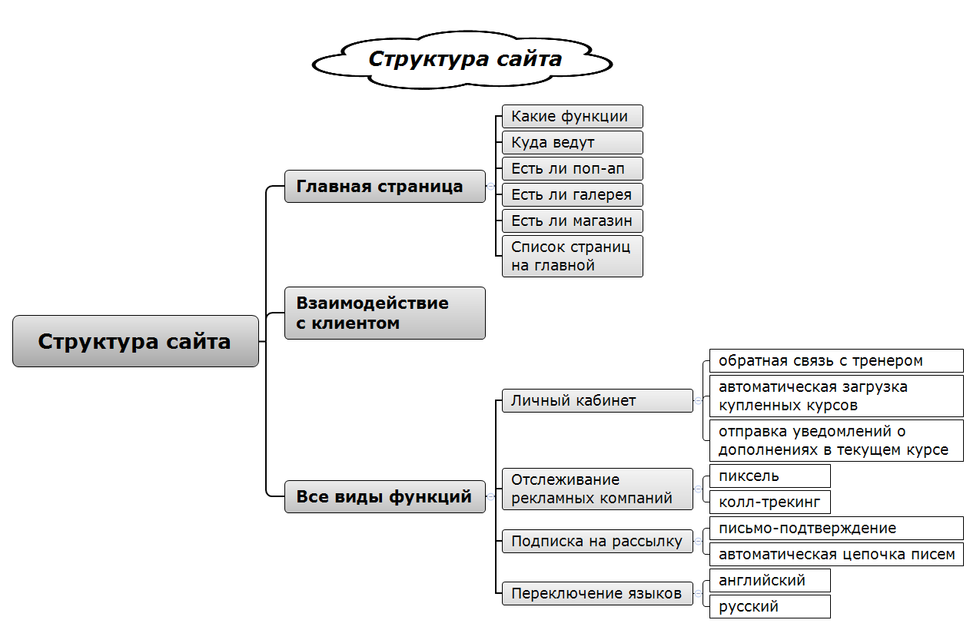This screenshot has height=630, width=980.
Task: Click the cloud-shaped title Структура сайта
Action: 464,59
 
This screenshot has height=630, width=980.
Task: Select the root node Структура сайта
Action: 135,341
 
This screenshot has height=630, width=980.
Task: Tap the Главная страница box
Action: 384,187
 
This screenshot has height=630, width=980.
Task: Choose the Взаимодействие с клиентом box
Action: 384,313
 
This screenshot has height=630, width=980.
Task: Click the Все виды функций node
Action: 384,496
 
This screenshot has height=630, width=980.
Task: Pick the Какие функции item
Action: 572,117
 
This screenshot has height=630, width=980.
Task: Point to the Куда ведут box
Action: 572,143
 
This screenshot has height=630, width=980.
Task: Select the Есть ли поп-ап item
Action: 572,169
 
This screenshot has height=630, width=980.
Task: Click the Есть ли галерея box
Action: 572,195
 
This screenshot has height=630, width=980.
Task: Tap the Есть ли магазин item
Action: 572,221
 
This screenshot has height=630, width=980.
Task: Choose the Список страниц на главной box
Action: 572,256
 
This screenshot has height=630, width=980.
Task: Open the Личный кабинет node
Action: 596,400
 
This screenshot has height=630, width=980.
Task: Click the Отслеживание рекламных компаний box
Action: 596,489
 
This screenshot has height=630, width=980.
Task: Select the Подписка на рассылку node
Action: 596,541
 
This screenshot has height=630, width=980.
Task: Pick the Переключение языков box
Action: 596,593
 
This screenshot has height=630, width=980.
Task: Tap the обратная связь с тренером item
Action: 835,360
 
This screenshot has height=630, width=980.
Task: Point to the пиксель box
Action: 769,476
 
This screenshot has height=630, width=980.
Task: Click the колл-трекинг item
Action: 769,502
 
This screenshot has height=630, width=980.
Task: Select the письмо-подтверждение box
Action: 835,528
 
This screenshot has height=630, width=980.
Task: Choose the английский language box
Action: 769,580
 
